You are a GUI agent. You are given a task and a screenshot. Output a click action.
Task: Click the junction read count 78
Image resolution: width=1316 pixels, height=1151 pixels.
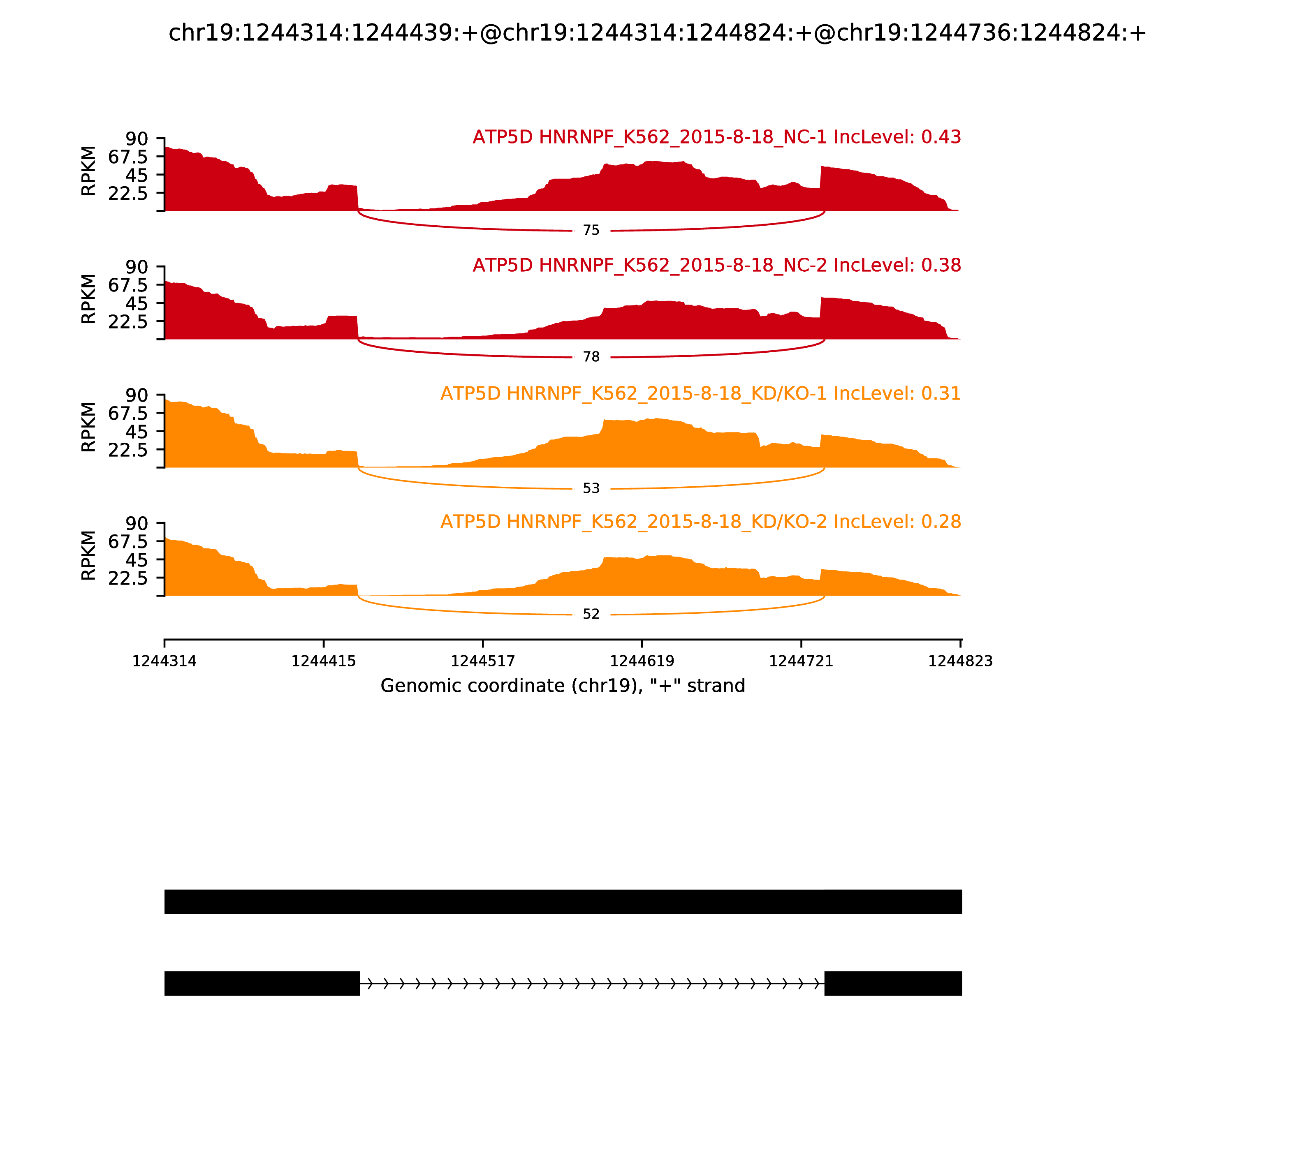(591, 357)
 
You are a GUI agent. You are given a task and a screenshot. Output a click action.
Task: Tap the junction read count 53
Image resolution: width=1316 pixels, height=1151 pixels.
(591, 489)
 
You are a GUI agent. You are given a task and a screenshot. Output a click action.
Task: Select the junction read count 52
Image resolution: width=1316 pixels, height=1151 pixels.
(591, 615)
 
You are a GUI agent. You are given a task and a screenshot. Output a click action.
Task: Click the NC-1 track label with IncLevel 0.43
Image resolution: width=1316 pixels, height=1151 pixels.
(716, 137)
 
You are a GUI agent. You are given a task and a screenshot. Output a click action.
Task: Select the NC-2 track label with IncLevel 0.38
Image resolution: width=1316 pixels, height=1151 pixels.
(716, 265)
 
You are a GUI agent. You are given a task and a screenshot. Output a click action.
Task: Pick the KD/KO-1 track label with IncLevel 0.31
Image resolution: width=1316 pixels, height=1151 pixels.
(700, 394)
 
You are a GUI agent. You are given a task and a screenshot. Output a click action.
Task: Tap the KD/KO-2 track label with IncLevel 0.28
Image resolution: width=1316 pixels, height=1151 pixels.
(700, 522)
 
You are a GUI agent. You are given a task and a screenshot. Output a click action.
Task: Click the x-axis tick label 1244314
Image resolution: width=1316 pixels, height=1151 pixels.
(164, 661)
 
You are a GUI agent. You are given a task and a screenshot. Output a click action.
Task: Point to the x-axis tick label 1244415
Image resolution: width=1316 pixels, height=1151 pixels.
(323, 661)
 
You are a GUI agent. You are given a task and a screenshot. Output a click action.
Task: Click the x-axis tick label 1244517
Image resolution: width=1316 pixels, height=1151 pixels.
(482, 661)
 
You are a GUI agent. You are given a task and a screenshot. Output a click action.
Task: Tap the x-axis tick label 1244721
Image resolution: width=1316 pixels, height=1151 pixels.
(801, 661)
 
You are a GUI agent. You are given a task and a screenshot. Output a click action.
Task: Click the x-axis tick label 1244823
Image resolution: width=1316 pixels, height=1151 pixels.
(960, 661)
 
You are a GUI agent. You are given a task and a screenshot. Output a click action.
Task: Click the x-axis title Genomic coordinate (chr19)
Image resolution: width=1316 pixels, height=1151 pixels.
(563, 686)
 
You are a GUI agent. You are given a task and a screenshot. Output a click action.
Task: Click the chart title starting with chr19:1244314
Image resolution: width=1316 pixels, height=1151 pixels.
(657, 33)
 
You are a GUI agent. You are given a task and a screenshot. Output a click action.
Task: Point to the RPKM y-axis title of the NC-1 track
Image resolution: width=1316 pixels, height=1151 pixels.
(89, 171)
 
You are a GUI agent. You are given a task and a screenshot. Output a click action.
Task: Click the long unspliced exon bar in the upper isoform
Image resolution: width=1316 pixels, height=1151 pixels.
(563, 902)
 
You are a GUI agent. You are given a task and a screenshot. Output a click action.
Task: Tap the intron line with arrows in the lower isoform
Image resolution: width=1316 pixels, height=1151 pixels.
(591, 983)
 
